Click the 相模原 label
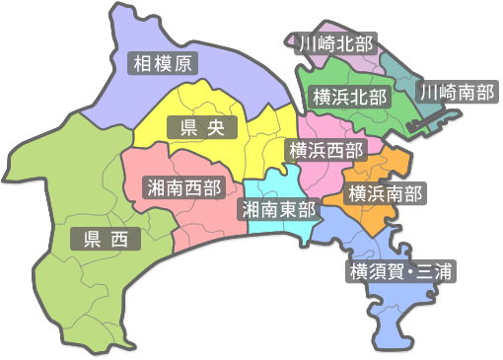pos(165,64)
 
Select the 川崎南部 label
pos(456,92)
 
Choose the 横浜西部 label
pos(324,150)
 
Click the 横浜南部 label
pos(386,193)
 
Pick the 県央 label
pos(197,127)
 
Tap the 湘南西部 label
pos(182,187)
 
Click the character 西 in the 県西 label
pos(118,239)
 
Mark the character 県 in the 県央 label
pos(180,127)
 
